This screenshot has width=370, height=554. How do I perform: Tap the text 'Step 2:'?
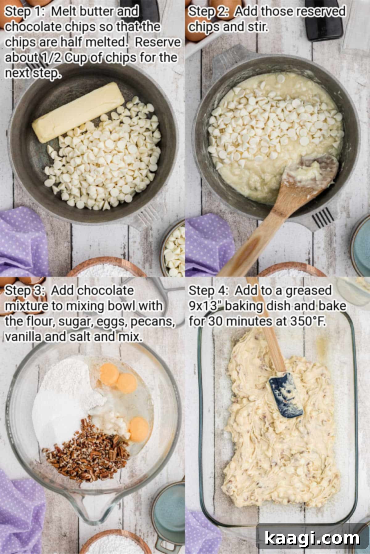pos(208,12)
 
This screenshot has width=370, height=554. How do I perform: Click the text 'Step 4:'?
pos(208,291)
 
